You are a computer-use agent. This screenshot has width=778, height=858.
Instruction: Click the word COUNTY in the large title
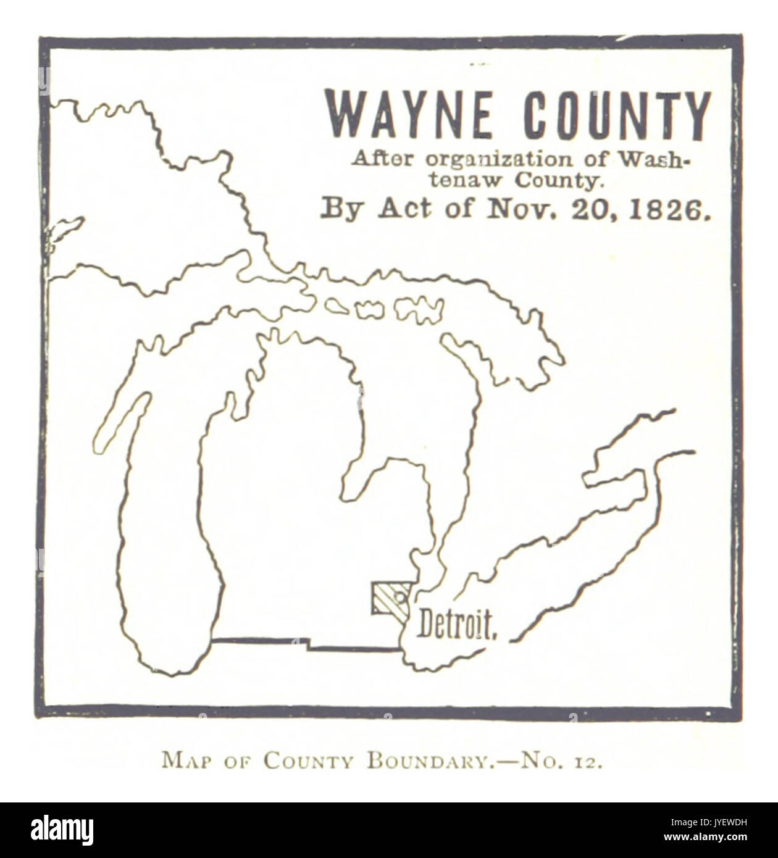point(617,115)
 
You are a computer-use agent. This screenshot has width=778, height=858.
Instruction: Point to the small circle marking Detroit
point(399,596)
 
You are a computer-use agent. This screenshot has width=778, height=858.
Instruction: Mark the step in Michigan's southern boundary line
point(307,646)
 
